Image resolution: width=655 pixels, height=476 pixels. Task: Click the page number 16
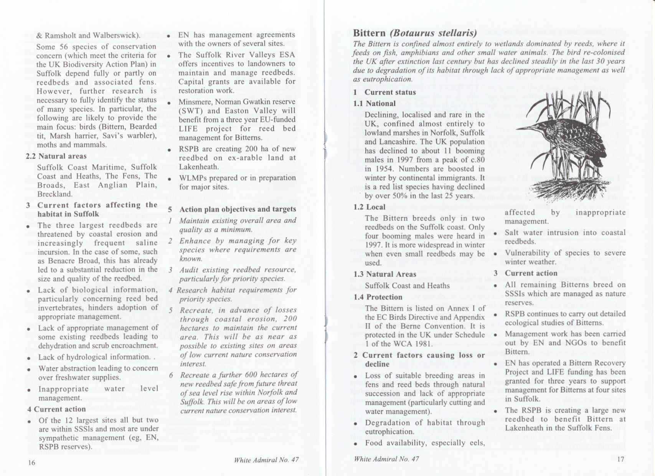(31, 463)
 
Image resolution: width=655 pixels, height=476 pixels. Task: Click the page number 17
(621, 459)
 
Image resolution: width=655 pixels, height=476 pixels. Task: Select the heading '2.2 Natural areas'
(56, 156)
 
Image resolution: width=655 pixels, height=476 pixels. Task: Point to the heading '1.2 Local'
(370, 207)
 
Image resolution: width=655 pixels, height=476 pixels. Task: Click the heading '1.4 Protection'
(378, 297)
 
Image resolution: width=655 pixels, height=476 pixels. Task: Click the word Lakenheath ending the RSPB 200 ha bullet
(199, 167)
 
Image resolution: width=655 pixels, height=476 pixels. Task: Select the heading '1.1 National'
(375, 103)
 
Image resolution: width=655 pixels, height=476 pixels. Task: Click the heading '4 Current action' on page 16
(56, 409)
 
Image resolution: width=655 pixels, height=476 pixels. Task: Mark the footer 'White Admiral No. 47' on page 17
(386, 459)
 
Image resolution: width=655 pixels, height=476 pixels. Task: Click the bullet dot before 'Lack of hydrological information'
(29, 358)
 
